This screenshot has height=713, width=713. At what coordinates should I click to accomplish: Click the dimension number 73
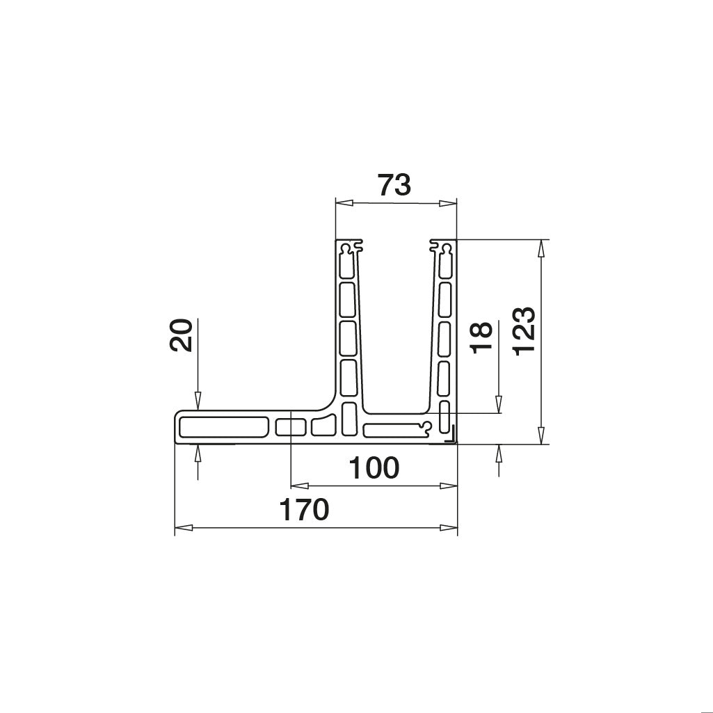(394, 186)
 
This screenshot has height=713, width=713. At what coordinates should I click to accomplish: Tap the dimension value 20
(181, 336)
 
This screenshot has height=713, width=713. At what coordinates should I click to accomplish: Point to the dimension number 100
(374, 469)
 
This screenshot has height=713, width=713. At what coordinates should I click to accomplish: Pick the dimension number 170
(304, 511)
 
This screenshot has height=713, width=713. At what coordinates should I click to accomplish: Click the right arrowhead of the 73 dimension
(449, 203)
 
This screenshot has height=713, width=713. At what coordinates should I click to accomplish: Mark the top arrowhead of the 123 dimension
(541, 248)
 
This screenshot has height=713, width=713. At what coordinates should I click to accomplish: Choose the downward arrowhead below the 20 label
(198, 401)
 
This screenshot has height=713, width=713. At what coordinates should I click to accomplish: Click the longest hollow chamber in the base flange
(223, 426)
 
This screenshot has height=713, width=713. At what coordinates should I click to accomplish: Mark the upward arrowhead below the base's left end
(198, 453)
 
